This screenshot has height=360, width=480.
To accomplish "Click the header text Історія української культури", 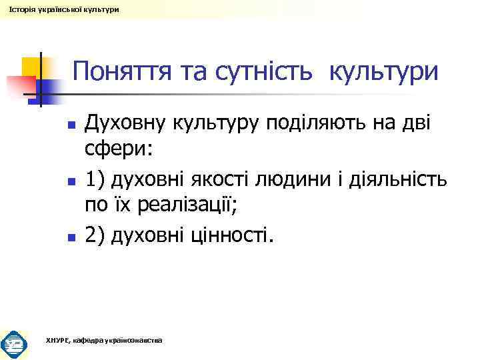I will click(x=55, y=10).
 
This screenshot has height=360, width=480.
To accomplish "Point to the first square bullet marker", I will click(x=70, y=125).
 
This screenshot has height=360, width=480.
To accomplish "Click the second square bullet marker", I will click(x=70, y=181).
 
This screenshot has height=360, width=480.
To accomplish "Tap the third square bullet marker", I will click(x=70, y=236).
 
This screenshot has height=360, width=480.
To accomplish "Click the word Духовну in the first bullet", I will click(x=126, y=125).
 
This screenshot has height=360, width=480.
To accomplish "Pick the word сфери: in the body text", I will click(x=119, y=151).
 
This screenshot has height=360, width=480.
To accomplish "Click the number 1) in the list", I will click(x=96, y=179).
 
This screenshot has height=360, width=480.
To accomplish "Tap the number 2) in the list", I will click(x=96, y=235).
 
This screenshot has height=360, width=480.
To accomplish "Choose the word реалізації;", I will click(x=183, y=207).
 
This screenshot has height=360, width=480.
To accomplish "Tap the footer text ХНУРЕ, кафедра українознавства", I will click(x=103, y=341).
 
